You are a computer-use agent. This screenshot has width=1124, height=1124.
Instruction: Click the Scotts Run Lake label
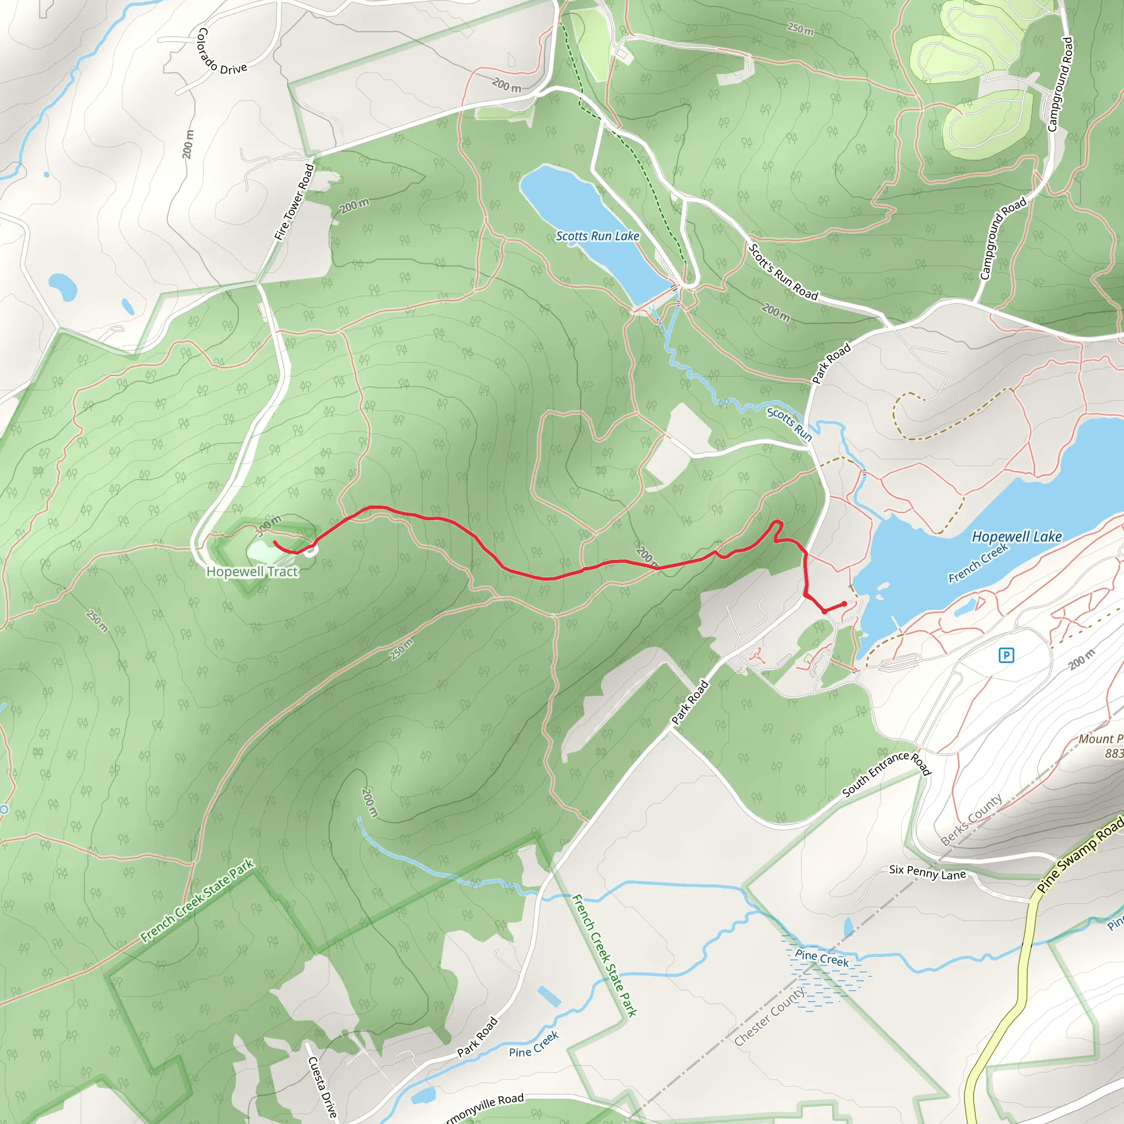click(x=597, y=236)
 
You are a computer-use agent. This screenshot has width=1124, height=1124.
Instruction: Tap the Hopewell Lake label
click(x=1016, y=536)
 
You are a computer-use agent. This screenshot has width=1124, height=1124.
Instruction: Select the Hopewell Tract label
click(x=252, y=572)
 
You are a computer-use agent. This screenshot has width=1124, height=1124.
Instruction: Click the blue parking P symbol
click(x=1006, y=656)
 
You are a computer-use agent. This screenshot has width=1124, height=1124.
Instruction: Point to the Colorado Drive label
click(x=222, y=51)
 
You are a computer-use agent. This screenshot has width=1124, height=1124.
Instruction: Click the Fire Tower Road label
click(x=294, y=202)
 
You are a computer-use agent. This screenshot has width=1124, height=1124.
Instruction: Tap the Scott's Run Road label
click(x=783, y=272)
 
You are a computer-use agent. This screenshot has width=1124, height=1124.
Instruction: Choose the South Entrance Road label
click(x=887, y=774)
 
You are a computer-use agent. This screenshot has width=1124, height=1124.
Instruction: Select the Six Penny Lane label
click(x=928, y=872)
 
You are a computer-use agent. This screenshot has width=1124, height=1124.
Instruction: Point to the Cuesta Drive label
click(x=322, y=1087)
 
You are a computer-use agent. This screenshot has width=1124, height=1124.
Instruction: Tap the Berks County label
click(x=971, y=820)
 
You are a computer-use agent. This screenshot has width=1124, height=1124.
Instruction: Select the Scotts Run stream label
click(x=789, y=424)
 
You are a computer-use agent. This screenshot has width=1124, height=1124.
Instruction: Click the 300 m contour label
click(x=268, y=525)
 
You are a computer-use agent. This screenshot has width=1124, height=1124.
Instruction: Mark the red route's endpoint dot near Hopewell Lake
click(x=844, y=603)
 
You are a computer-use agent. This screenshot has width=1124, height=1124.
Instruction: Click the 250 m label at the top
click(x=800, y=29)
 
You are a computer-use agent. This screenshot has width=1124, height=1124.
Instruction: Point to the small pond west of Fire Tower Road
click(x=63, y=287)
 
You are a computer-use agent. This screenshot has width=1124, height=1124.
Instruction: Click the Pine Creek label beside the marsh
click(x=822, y=958)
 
